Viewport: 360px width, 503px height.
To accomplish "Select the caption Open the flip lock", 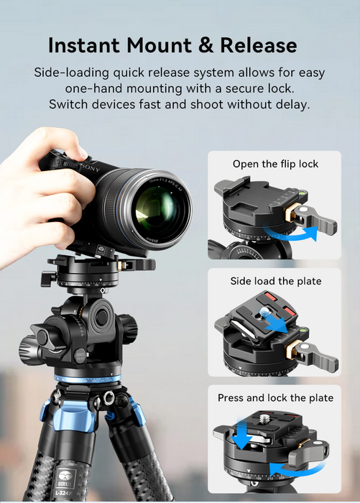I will click(275, 164).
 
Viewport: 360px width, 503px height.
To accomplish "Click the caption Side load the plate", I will click(275, 281).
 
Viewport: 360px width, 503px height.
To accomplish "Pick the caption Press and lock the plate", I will click(275, 397).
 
